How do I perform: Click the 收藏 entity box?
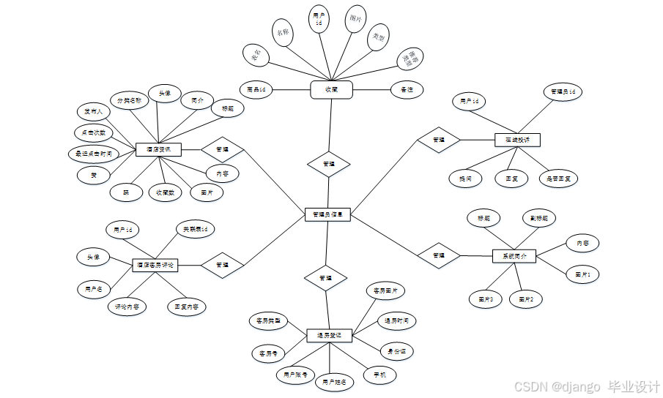point(331,89)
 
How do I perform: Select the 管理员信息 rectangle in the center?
point(327,215)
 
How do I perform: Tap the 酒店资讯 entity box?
point(158,149)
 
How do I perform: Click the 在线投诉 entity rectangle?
point(516,139)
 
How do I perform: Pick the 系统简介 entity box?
point(514,256)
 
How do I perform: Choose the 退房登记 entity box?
point(329,335)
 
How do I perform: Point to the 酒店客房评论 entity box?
point(155,264)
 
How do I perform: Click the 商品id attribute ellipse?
point(256,89)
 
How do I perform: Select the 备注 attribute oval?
point(407,89)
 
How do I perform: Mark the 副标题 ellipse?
point(538,217)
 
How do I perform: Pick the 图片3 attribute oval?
point(486,298)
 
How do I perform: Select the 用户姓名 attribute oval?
point(333,381)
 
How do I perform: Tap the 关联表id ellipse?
point(195,229)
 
